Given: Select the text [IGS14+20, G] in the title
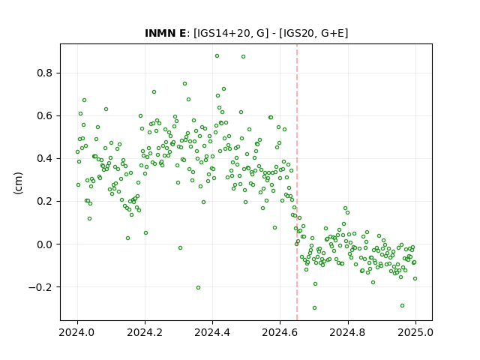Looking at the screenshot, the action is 231,33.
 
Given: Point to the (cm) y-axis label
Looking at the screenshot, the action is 18,183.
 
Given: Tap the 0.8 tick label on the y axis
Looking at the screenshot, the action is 44,73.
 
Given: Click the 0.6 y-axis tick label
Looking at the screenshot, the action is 44,116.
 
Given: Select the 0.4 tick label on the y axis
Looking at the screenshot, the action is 44,158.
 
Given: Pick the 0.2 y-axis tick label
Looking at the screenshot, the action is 44,202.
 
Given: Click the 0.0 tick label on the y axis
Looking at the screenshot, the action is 44,244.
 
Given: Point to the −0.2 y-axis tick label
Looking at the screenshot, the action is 40,287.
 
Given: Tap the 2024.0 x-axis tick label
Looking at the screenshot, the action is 77,332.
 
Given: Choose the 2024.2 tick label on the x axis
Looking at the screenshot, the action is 145,332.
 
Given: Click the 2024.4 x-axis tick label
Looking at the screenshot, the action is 212,332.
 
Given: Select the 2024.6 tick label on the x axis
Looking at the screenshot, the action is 280,332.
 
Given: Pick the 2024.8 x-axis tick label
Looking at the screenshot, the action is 348,332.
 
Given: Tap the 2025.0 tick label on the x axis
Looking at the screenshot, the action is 415,332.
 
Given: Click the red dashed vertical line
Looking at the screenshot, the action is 297,182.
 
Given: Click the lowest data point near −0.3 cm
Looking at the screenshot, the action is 314,307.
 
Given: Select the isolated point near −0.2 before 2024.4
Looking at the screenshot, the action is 198,287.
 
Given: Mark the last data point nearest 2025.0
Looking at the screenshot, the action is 415,278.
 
